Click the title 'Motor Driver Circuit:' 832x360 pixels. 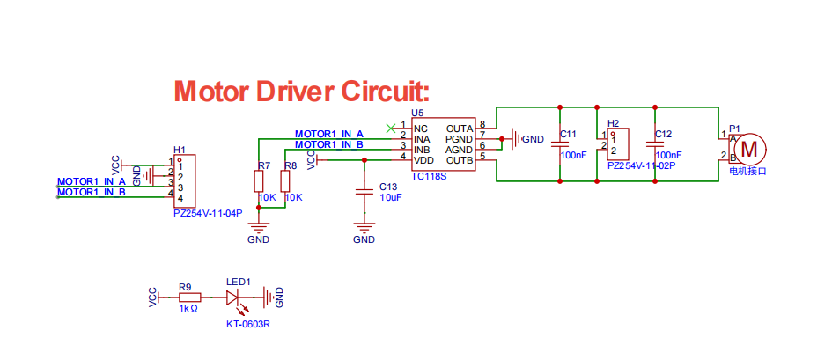pyautogui.click(x=301, y=92)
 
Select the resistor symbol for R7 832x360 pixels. pyautogui.click(x=259, y=182)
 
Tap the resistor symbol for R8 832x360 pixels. pyautogui.click(x=285, y=182)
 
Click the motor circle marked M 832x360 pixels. pyautogui.click(x=749, y=149)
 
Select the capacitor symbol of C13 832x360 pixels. pyautogui.click(x=364, y=192)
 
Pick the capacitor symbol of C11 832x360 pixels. pyautogui.click(x=560, y=144)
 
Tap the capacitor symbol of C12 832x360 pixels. pyautogui.click(x=655, y=144)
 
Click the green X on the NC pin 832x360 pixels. pyautogui.click(x=391, y=128)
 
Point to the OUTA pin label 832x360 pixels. pyautogui.click(x=460, y=129)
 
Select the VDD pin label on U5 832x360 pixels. pyautogui.click(x=423, y=159)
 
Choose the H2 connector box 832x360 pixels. pyautogui.click(x=618, y=144)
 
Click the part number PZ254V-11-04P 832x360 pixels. pyautogui.click(x=208, y=214)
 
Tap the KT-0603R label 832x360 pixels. pyautogui.click(x=248, y=324)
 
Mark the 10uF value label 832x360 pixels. pyautogui.click(x=390, y=197)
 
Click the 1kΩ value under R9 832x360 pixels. pyautogui.click(x=188, y=308)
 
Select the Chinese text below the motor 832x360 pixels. pyautogui.click(x=748, y=172)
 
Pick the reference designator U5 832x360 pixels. pyautogui.click(x=417, y=113)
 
